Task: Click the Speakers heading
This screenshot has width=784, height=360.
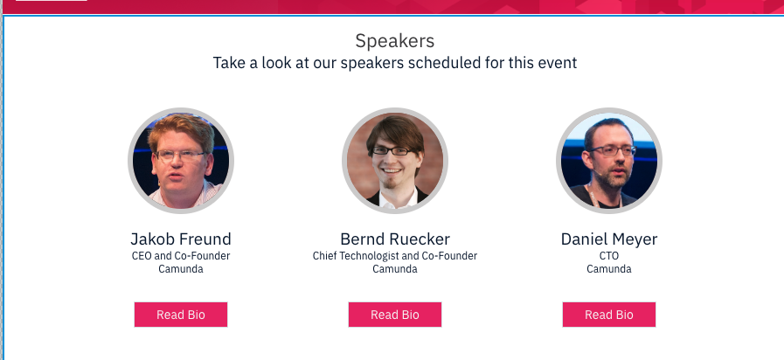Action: [394, 41]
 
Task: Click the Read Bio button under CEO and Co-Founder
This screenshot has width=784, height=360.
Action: [181, 315]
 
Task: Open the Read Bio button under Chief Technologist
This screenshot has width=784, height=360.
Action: [394, 315]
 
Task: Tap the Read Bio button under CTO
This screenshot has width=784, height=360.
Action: [608, 315]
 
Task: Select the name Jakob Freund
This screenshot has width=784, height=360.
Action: [181, 239]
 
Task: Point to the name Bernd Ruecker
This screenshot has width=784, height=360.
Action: [394, 239]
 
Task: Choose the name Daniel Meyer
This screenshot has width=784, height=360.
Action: [608, 239]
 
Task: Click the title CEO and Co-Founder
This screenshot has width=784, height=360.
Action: [181, 256]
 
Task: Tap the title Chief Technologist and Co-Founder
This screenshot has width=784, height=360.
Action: [394, 256]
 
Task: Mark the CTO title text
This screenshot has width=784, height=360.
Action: [608, 256]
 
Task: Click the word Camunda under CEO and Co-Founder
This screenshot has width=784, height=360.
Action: [181, 269]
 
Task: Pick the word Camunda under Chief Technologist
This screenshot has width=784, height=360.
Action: [394, 269]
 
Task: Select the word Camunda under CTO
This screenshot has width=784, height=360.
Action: [608, 269]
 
